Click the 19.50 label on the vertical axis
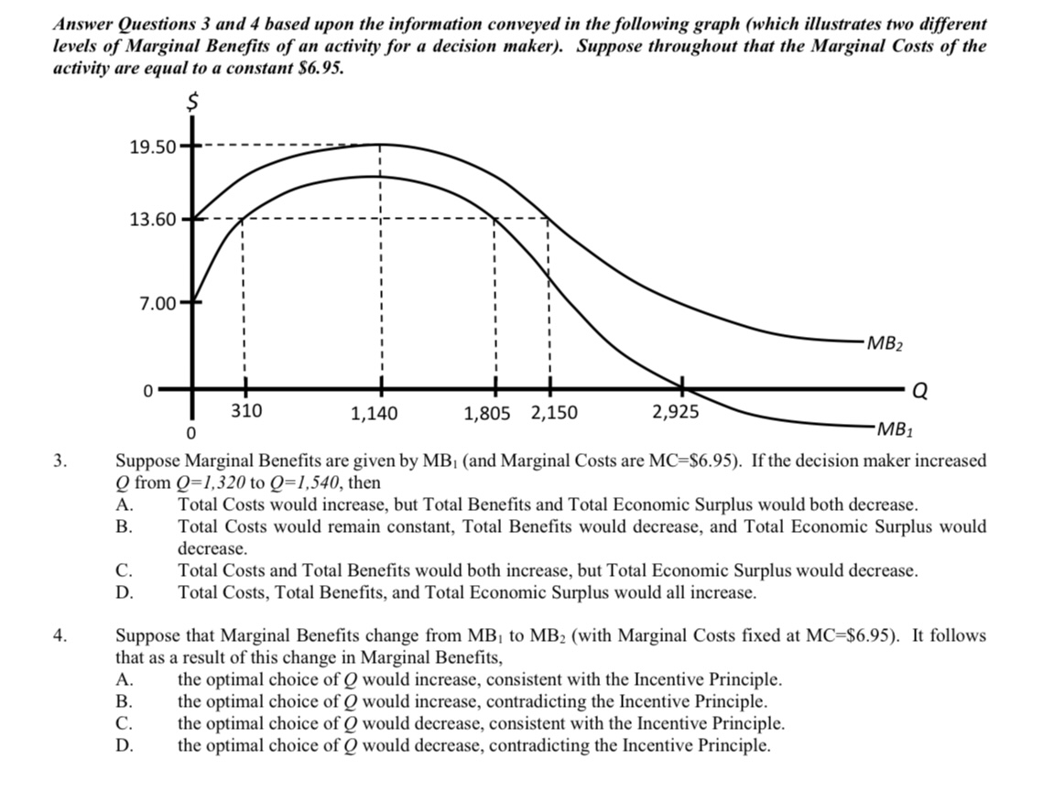click(153, 146)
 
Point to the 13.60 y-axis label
click(153, 220)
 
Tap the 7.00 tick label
click(158, 301)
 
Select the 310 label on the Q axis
click(245, 411)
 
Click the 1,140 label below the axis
click(375, 414)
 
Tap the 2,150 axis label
click(554, 413)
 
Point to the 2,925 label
click(675, 411)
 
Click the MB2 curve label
click(885, 344)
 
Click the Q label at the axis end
click(921, 391)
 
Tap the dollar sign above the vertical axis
click(192, 104)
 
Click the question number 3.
click(60, 461)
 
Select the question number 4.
click(60, 635)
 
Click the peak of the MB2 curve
click(379, 144)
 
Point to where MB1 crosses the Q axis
click(680, 388)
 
